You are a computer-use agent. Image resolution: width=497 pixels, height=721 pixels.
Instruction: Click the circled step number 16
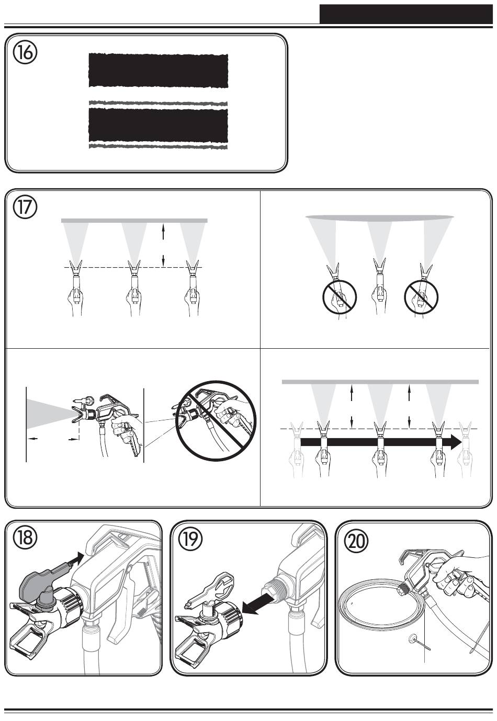pyautogui.click(x=25, y=53)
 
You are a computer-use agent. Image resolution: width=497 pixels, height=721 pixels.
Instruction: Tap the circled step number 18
pyautogui.click(x=25, y=539)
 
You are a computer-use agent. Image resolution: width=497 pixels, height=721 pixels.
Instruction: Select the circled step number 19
pyautogui.click(x=190, y=539)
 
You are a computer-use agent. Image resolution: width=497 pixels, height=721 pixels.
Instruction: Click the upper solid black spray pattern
pyautogui.click(x=158, y=70)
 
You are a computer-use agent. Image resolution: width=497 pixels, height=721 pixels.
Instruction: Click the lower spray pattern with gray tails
pyautogui.click(x=158, y=125)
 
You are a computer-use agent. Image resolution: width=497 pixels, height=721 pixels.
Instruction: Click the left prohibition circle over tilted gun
pyautogui.click(x=340, y=296)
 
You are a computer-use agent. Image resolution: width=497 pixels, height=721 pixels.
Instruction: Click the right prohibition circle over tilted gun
pyautogui.click(x=421, y=296)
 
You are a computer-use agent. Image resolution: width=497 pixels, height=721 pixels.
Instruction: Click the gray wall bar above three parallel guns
pyautogui.click(x=134, y=221)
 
